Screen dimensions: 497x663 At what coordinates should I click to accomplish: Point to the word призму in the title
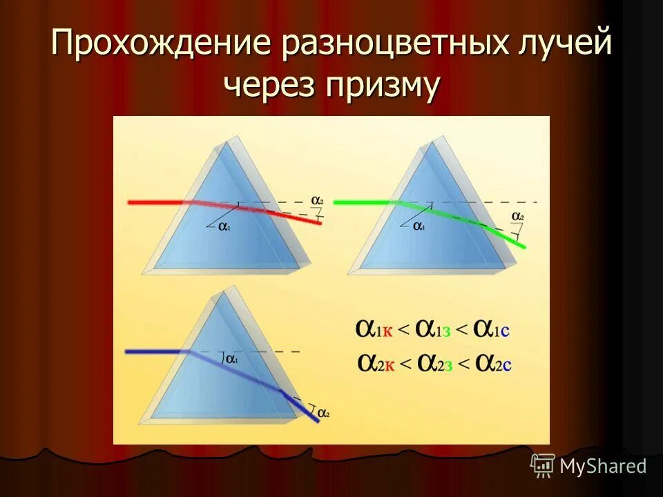[x=384, y=88]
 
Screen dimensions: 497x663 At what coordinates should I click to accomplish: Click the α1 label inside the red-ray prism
[x=224, y=225]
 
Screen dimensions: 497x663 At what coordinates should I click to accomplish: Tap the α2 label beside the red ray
[x=317, y=201]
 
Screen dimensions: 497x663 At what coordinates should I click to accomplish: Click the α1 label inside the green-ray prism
[x=420, y=225]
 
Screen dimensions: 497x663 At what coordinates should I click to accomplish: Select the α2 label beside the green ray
[x=517, y=217]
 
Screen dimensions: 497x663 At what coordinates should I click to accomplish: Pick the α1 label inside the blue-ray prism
[x=233, y=360]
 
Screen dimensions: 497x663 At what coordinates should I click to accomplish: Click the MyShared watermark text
[x=602, y=466]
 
